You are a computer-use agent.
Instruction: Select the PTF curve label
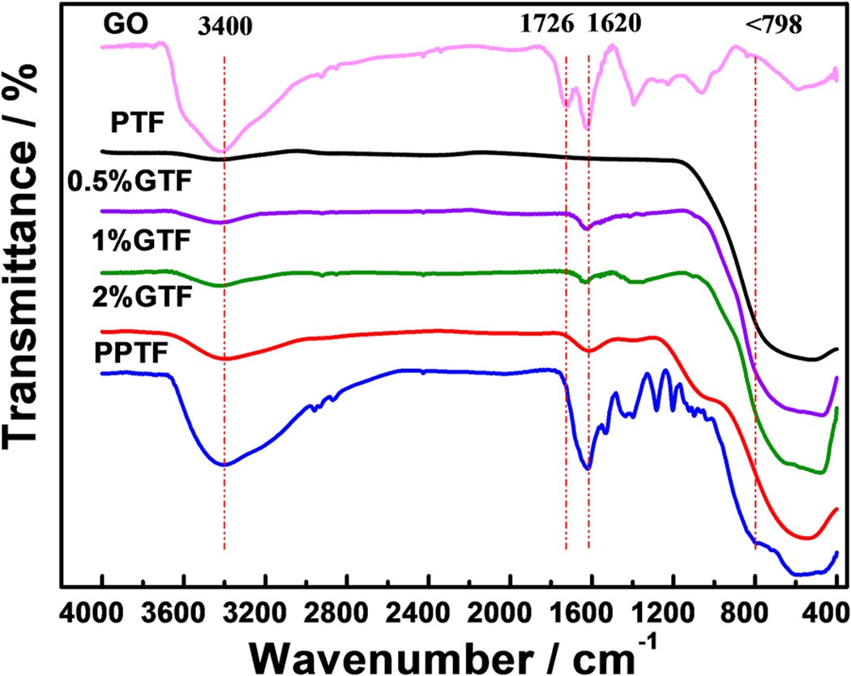coord(139,125)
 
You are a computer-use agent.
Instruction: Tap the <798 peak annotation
coord(774,25)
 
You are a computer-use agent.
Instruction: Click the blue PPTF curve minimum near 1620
coord(588,468)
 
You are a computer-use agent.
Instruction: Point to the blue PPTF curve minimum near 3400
coord(225,464)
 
